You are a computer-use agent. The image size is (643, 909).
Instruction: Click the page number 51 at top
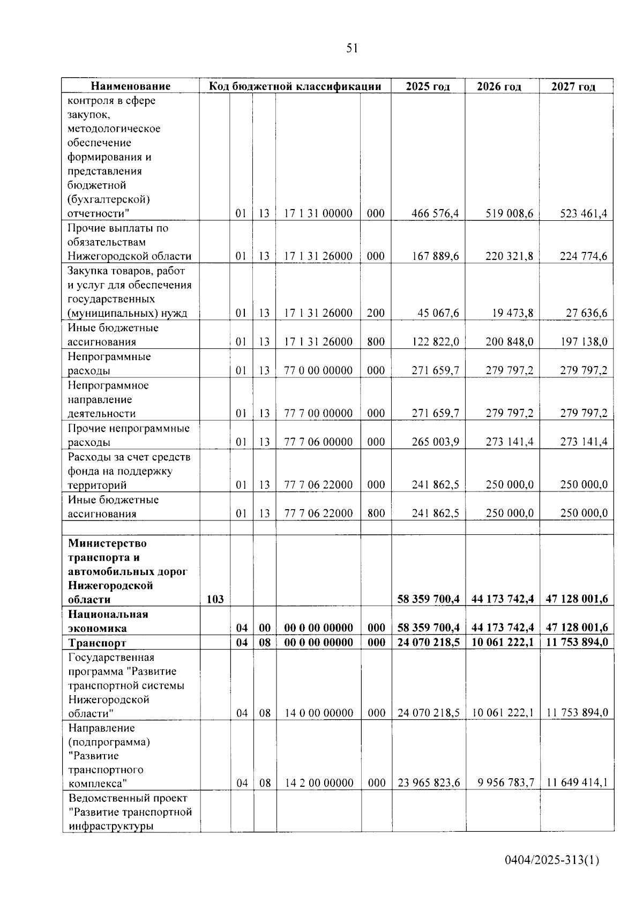(x=352, y=49)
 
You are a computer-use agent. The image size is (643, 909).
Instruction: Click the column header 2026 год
(x=499, y=87)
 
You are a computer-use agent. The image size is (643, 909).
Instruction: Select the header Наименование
(x=130, y=86)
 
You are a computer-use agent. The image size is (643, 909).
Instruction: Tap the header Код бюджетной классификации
(x=295, y=86)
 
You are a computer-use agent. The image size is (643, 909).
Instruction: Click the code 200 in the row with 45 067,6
(x=376, y=314)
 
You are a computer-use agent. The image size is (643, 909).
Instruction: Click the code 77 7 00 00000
(x=318, y=413)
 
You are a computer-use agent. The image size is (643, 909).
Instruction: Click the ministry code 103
(x=215, y=600)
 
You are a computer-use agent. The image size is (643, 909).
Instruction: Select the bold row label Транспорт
(x=97, y=643)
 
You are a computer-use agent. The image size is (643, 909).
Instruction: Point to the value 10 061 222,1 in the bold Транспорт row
(x=503, y=643)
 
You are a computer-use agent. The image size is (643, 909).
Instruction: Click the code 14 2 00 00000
(x=319, y=783)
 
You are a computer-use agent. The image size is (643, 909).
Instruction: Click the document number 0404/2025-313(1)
(x=552, y=860)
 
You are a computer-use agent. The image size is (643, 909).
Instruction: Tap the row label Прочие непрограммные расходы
(x=129, y=435)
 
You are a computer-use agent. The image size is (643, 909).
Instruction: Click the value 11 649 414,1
(x=577, y=783)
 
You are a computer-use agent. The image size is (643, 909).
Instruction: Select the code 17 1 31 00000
(x=318, y=214)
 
